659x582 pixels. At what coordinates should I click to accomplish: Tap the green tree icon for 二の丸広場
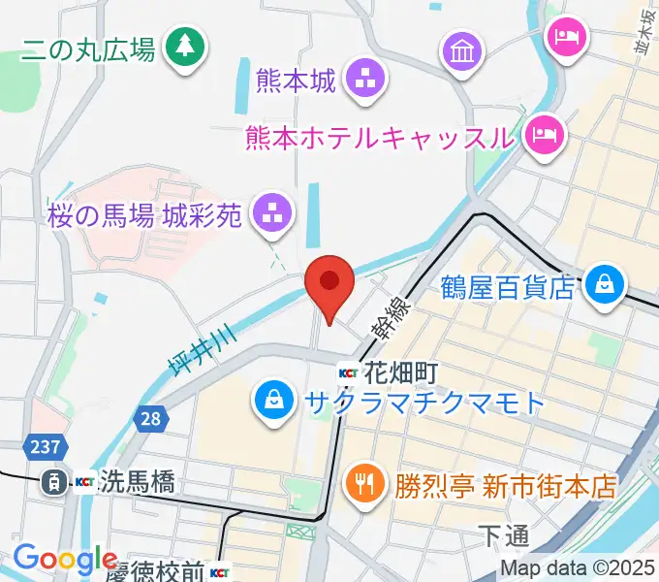pos(181,45)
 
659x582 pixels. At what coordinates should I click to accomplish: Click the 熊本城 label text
pos(296,80)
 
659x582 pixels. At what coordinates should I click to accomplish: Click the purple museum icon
pos(462,48)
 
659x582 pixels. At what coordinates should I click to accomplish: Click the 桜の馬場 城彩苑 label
pos(142,215)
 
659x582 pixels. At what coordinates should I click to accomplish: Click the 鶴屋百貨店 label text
pos(508,287)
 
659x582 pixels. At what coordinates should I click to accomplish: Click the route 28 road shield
pos(149,419)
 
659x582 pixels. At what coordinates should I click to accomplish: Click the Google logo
pos(65,559)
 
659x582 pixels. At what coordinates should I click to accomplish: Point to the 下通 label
pos(504,533)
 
